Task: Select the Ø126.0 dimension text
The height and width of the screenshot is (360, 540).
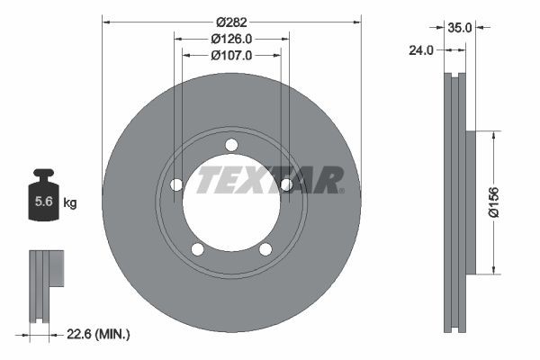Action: coord(231,39)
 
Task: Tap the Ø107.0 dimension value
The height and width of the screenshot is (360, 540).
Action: coord(231,55)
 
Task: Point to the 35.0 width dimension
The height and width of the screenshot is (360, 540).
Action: coord(461,28)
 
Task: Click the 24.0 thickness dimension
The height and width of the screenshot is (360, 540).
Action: coord(420,50)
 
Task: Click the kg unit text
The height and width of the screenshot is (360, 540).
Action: coord(70,203)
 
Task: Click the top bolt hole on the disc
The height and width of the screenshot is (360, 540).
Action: coord(231,145)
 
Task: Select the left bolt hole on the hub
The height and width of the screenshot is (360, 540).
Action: coord(176,185)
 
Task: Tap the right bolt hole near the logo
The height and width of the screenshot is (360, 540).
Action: coord(286,185)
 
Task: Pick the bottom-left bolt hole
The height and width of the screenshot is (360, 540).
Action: coord(197,249)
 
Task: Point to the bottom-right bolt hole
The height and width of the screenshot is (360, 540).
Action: coord(265,249)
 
